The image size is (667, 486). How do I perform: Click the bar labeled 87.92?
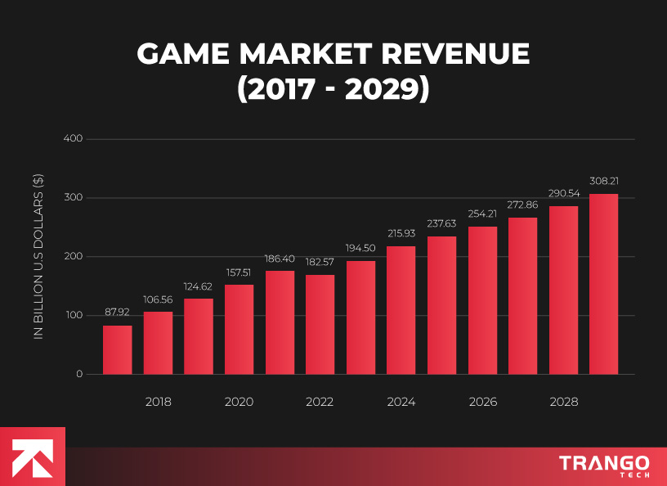click(117, 350)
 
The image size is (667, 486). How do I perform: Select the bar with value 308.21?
click(603, 284)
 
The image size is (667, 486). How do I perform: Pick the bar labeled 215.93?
click(401, 310)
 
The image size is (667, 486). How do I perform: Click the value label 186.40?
click(279, 259)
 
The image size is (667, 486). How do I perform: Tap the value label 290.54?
click(563, 194)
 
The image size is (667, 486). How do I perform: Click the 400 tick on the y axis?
click(73, 139)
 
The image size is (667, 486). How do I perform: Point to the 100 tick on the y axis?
click(74, 316)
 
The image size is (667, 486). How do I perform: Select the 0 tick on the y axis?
click(79, 375)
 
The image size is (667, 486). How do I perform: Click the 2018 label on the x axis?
click(158, 402)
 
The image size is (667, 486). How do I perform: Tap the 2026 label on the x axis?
click(482, 402)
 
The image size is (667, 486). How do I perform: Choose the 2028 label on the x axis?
click(563, 402)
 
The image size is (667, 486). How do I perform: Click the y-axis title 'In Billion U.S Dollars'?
click(38, 256)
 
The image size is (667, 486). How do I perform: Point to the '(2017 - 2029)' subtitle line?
click(333, 89)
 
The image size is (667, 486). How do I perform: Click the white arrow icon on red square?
click(32, 457)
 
